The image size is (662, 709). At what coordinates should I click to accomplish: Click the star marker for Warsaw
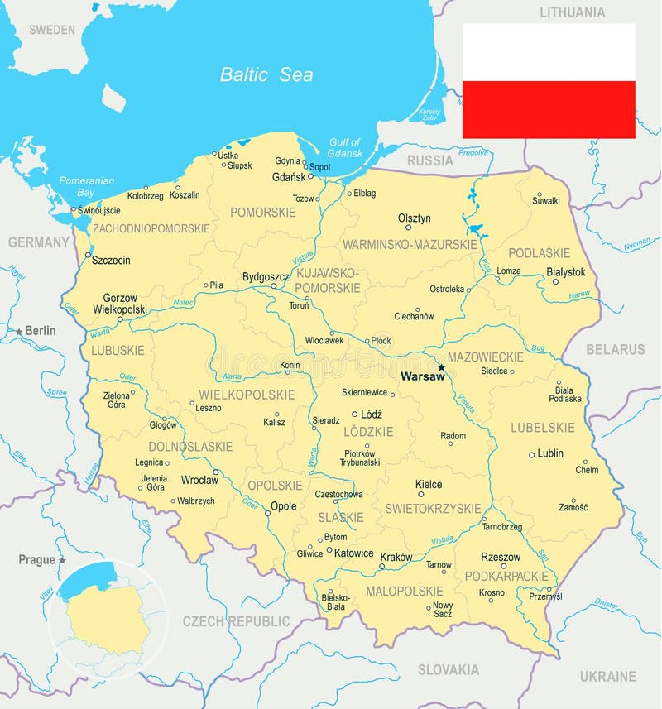tap(441, 367)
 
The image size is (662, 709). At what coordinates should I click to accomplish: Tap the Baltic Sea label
tap(266, 74)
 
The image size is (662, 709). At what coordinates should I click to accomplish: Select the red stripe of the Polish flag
tap(549, 109)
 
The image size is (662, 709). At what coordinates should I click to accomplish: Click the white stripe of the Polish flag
tap(549, 52)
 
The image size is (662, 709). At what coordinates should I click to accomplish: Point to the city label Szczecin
tap(111, 260)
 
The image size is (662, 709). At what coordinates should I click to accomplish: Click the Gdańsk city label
tap(289, 177)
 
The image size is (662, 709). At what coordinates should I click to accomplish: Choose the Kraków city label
tap(396, 557)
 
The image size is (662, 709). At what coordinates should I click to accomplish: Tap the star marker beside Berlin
tap(19, 332)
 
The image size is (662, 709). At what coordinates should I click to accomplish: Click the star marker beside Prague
tap(61, 560)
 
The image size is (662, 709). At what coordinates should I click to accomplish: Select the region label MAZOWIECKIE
tap(485, 357)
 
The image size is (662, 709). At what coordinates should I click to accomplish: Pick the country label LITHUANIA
tap(572, 12)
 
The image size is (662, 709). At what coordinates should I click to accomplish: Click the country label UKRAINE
tap(607, 676)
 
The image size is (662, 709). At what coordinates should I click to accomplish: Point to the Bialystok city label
tap(566, 271)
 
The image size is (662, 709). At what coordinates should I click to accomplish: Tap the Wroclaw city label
tap(199, 480)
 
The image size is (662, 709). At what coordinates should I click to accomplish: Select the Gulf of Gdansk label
tap(345, 147)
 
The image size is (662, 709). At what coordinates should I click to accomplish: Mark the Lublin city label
tap(549, 453)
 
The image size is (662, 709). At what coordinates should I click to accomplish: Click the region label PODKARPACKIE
tap(506, 575)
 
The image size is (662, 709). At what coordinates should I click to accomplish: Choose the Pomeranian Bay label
tap(86, 186)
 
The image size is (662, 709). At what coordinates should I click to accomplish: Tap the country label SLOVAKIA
tap(448, 669)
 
